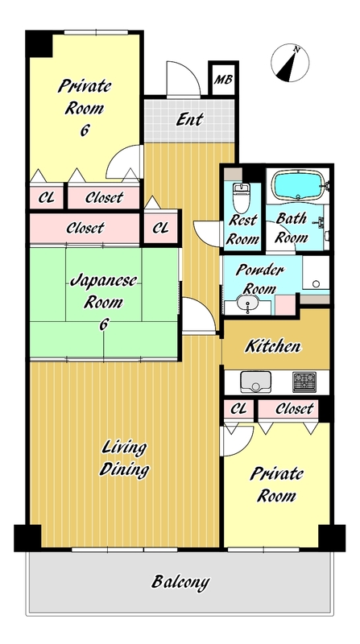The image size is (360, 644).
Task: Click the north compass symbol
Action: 290,64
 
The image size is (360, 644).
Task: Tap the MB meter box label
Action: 224,80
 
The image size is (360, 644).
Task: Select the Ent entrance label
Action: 189,119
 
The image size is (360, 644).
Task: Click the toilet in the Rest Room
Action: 241,196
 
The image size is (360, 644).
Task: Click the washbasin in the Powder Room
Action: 248,305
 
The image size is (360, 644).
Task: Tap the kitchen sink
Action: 255,382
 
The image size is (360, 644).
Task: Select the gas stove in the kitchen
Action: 304,382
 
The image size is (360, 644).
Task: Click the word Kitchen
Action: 273,346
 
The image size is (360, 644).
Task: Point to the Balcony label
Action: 180,581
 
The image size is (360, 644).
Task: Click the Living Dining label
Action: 124,458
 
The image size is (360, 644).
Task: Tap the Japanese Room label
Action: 104,292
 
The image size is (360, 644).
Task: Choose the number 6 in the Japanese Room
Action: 103,324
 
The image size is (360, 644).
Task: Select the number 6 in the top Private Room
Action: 85,130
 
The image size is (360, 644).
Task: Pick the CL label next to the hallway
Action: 161,228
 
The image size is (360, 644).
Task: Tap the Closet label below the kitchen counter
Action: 294,409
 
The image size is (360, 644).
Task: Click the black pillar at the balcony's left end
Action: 28,538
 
